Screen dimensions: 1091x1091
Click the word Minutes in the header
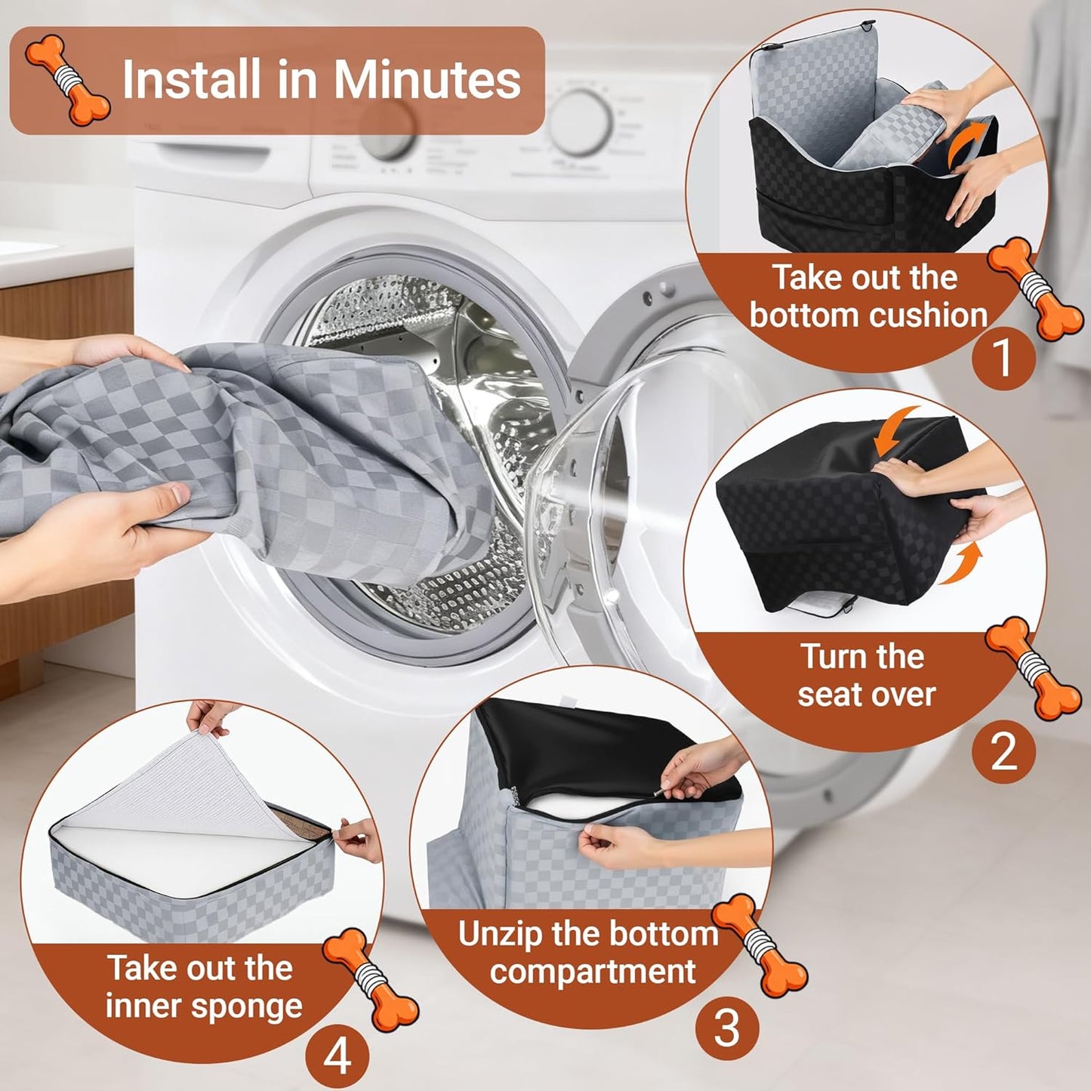click(427, 79)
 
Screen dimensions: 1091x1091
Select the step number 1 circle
click(1003, 357)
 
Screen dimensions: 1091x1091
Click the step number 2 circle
click(1003, 752)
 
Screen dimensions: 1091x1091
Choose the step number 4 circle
click(337, 1056)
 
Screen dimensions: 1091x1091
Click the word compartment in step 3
click(592, 973)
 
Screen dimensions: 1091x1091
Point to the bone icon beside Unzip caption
click(760, 945)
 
